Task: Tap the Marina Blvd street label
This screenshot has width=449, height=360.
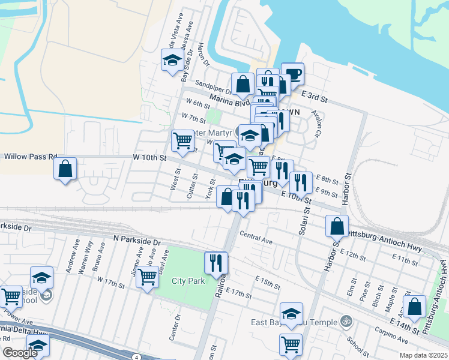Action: coord(229,103)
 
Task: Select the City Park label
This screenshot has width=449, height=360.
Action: coord(188,281)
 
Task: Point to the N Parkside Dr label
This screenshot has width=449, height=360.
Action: coord(137,239)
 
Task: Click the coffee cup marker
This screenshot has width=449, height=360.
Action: coord(292,74)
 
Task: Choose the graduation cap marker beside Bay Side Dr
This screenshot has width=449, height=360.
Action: coord(172,60)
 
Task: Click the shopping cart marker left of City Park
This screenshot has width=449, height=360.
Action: coord(147,277)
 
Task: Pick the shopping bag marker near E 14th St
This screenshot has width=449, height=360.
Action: coord(415,307)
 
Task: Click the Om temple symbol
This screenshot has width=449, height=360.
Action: coord(345,322)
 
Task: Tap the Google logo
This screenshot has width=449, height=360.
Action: coord(20,353)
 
